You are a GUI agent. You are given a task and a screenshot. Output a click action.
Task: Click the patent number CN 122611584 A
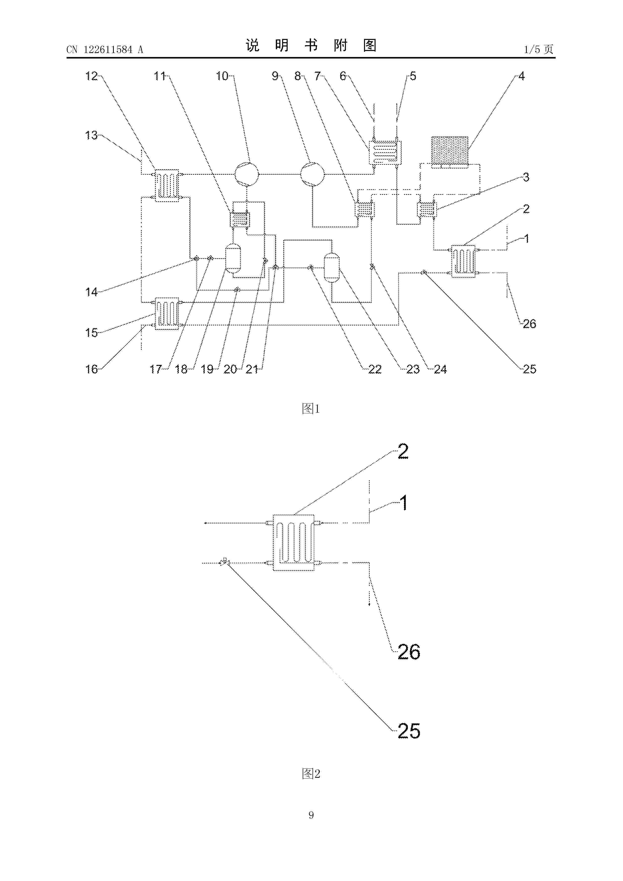pos(105,49)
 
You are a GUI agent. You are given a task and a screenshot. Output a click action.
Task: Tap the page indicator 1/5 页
pos(539,49)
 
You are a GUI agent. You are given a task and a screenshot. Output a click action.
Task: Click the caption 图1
pos(311,409)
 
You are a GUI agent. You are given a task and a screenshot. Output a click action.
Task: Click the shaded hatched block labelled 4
pos(450,152)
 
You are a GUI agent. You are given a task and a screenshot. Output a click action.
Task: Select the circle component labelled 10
pos(247,174)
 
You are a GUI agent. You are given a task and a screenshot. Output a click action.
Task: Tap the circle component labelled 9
pos(312,174)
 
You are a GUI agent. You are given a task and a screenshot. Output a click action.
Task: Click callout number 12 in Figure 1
pos(92,76)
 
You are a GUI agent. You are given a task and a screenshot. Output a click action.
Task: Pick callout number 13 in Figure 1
pos(92,135)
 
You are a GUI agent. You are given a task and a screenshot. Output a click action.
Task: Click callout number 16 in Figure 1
pos(92,369)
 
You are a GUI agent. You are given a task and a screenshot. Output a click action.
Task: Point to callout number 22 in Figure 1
pos(375,369)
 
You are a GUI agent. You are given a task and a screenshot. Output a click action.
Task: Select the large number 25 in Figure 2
pos(409,731)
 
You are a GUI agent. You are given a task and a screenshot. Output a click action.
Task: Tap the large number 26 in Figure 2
pos(409,651)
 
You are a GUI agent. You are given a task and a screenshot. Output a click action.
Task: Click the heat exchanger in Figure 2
pos(293,542)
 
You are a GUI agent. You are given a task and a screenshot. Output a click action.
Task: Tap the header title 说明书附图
pos(311,46)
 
